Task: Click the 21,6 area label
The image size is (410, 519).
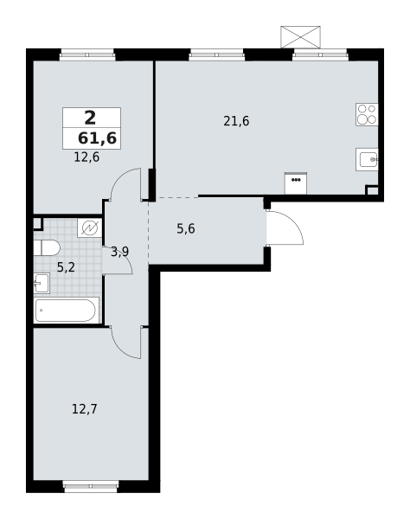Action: click(x=236, y=121)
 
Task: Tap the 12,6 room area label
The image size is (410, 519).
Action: click(x=86, y=157)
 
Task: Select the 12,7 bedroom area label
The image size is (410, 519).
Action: click(x=85, y=409)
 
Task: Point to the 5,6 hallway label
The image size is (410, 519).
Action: click(x=186, y=228)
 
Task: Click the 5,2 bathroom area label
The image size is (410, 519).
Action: click(x=67, y=267)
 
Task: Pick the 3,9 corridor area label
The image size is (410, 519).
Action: click(x=119, y=252)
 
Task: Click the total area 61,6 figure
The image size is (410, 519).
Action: click(x=97, y=138)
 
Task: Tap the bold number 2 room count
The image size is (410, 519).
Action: click(x=90, y=118)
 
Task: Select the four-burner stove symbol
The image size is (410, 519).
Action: click(x=367, y=114)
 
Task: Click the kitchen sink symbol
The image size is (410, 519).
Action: click(x=367, y=159)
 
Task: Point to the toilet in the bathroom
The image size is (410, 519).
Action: click(x=47, y=247)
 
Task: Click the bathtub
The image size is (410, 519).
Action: click(x=67, y=311)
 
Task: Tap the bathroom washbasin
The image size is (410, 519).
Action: click(x=42, y=284)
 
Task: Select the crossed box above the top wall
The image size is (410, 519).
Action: click(x=300, y=37)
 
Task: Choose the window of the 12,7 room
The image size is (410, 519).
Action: click(x=91, y=486)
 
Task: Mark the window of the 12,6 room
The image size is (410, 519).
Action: click(x=87, y=54)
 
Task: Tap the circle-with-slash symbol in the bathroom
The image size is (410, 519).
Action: click(x=90, y=228)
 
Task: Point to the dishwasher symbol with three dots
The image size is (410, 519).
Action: click(x=296, y=183)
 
